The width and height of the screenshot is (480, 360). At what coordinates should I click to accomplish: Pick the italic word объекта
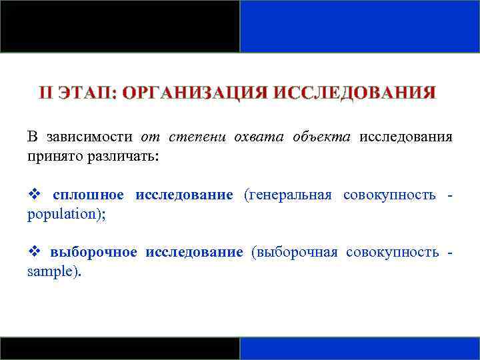321,137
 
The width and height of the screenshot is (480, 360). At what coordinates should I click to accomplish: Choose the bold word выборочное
94,252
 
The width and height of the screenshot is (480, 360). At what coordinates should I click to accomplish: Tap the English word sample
51,271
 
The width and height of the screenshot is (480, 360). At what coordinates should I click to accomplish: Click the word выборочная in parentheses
295,252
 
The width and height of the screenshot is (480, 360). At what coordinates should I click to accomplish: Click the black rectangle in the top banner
120,26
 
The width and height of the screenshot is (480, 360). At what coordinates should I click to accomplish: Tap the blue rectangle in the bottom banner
359,348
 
